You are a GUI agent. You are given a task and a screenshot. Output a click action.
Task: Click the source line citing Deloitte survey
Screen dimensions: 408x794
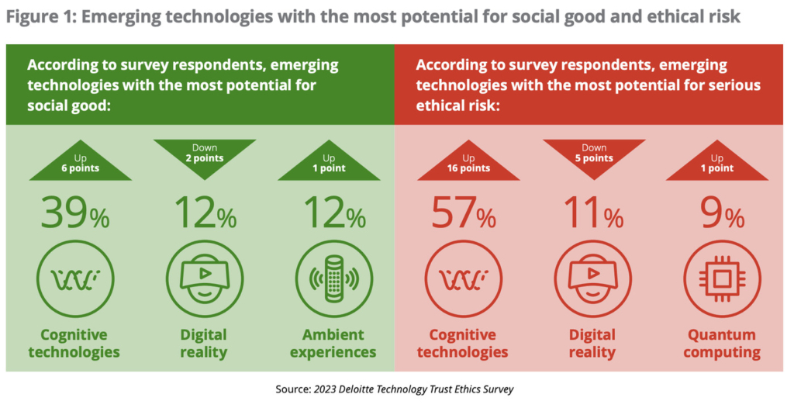click(396, 389)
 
